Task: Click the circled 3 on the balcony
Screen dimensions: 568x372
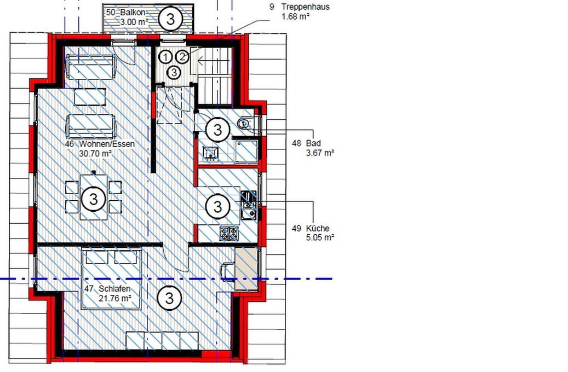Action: coord(170,19)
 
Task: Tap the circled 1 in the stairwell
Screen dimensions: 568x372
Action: coord(165,57)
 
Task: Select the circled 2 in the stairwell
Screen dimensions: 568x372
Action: coord(182,56)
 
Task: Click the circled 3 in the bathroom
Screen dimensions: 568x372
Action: coord(217,130)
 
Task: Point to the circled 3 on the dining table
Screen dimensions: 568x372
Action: coord(94,199)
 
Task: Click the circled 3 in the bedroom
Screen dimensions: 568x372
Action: coord(170,298)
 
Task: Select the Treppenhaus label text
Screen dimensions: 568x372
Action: coord(306,7)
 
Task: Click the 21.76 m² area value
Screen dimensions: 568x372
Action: coord(115,299)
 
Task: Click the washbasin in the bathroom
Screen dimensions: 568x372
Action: coord(210,153)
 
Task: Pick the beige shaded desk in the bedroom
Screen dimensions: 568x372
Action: coord(246,269)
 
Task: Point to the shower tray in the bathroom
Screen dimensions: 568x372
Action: coord(246,150)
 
